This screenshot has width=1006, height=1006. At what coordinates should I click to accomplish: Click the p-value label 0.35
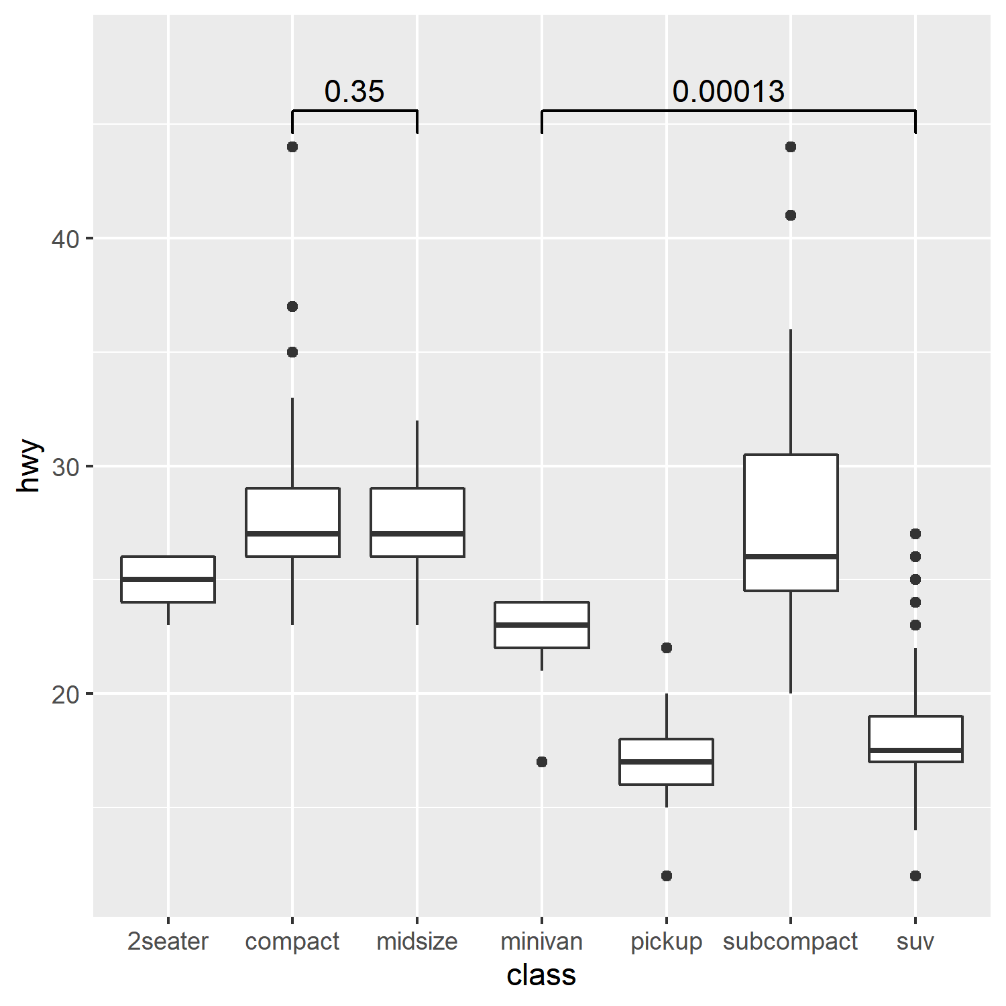tap(354, 91)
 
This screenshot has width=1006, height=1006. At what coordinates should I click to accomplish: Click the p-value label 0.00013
tap(728, 91)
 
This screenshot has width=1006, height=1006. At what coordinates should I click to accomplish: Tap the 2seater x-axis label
tap(168, 942)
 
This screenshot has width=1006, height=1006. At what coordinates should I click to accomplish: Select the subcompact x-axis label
tap(790, 942)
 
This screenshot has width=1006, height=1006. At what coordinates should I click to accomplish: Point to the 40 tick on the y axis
tap(65, 239)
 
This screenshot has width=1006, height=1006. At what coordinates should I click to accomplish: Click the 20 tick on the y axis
tap(65, 694)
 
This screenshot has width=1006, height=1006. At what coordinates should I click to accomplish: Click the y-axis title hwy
tap(30, 466)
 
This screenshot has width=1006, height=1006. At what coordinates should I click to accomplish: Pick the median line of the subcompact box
tap(791, 557)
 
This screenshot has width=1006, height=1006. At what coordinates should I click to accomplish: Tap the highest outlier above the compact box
tap(292, 147)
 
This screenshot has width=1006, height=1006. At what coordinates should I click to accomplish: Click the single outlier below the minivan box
tap(542, 762)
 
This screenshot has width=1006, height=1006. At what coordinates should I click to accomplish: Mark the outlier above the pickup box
tap(667, 648)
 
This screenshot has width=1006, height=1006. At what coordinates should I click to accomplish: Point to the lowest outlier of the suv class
tap(915, 876)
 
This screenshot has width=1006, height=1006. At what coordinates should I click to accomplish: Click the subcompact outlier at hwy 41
tap(791, 215)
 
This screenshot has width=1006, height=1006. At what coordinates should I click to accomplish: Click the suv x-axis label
tap(915, 942)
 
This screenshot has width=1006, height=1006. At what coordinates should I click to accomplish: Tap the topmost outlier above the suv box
tap(915, 534)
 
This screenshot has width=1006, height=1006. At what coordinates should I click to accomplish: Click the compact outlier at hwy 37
tap(292, 306)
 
